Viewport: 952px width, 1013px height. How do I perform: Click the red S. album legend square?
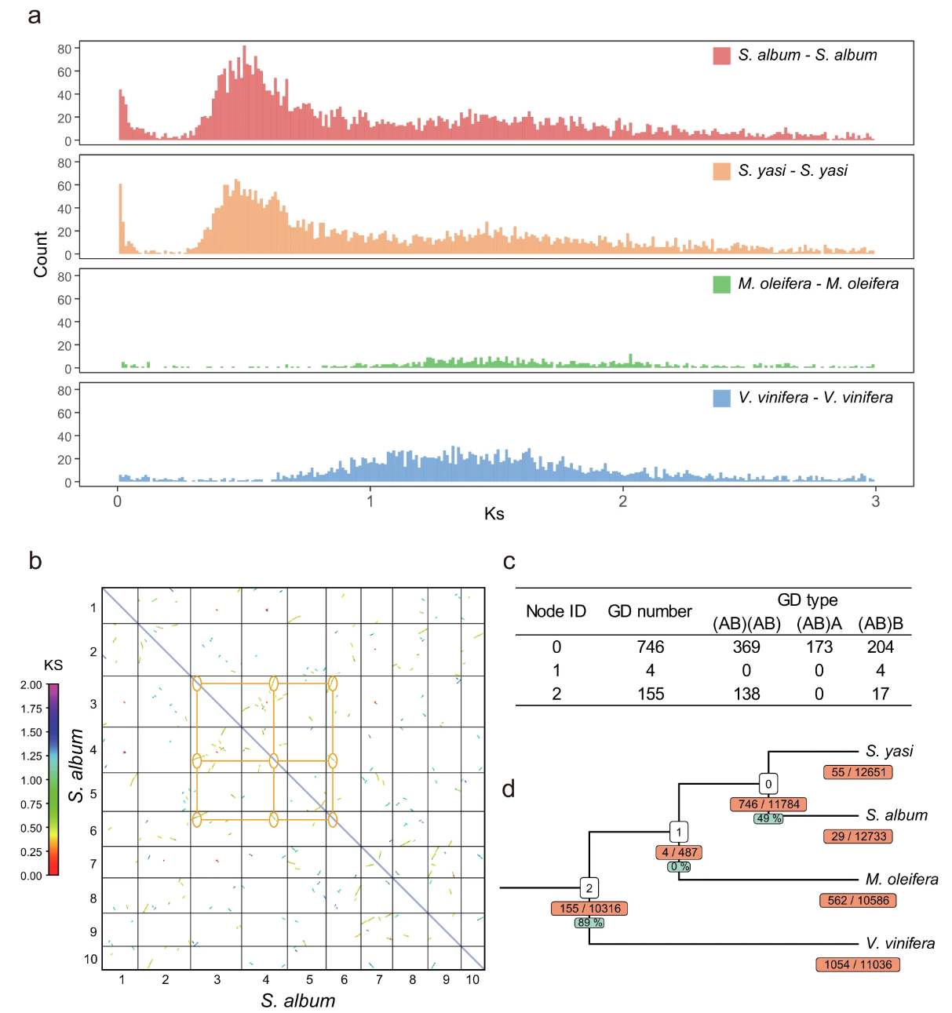point(721,56)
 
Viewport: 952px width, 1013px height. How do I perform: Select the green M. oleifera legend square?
point(721,284)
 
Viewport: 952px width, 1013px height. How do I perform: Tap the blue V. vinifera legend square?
point(721,398)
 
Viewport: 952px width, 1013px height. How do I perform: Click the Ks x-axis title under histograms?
point(494,514)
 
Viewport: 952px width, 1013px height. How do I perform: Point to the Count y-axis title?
point(41,253)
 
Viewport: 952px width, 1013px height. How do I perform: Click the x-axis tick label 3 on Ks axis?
point(875,501)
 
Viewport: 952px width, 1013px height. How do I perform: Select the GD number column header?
point(650,611)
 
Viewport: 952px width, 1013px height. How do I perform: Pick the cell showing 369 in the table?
point(746,647)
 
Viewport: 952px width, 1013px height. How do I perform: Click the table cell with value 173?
point(819,647)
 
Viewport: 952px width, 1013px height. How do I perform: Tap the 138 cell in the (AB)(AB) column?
point(746,694)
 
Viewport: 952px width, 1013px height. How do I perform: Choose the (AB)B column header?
point(881,624)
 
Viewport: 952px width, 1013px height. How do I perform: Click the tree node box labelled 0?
point(768,783)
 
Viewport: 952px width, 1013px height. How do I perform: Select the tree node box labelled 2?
point(589,888)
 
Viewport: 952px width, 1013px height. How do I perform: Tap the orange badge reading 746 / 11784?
point(768,804)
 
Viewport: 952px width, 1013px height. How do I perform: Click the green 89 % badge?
point(589,923)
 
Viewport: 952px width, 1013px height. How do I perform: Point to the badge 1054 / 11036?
point(858,964)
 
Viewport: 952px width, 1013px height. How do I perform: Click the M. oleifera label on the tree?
point(901,880)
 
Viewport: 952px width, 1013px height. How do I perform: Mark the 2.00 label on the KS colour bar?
point(31,685)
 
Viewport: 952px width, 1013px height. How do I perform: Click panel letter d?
point(509,789)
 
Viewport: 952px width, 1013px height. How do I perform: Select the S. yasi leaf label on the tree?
point(889,751)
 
